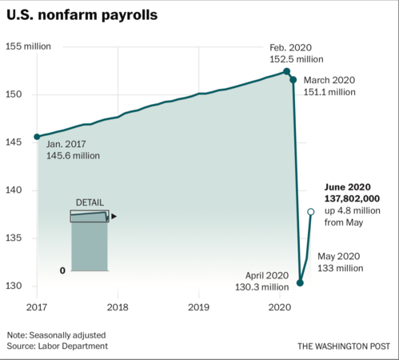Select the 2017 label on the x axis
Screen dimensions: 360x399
point(37,307)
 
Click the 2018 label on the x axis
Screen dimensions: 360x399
point(118,307)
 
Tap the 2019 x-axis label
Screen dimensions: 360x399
point(198,307)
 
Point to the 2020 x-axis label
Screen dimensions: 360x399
point(279,307)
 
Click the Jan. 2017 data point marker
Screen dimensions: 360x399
point(37,137)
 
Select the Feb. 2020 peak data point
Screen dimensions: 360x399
point(287,71)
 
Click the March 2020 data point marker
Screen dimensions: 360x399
point(293,80)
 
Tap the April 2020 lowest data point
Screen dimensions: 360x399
point(300,282)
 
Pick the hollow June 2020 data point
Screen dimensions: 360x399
point(312,211)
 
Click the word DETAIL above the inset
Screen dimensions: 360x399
point(90,202)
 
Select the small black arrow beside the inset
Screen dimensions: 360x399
point(114,216)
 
